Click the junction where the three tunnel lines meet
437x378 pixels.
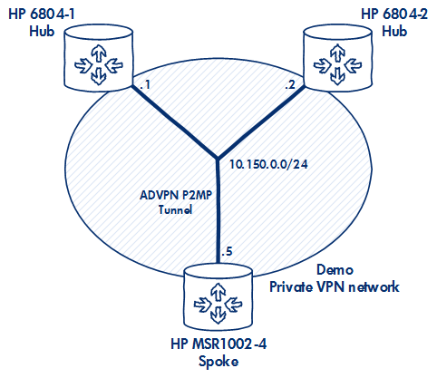point(218,158)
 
